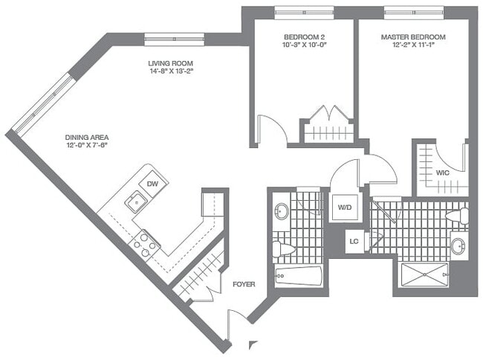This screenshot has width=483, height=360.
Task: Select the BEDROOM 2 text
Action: click(304, 37)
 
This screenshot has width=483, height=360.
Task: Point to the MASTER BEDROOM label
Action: click(413, 37)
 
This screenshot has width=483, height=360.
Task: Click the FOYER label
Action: click(244, 284)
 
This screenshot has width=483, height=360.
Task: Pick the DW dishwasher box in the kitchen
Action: click(152, 184)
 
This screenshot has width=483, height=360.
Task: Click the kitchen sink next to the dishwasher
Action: click(136, 201)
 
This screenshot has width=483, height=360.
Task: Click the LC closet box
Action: click(355, 242)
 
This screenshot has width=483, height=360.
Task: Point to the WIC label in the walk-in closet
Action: click(442, 173)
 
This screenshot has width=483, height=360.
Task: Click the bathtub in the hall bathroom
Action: click(298, 278)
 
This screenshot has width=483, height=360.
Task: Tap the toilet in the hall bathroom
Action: click(281, 246)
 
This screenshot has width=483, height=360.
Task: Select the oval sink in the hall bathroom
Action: click(282, 210)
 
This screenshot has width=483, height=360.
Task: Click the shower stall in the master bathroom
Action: click(424, 274)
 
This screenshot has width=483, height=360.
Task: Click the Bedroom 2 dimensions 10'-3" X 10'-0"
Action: click(305, 45)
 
